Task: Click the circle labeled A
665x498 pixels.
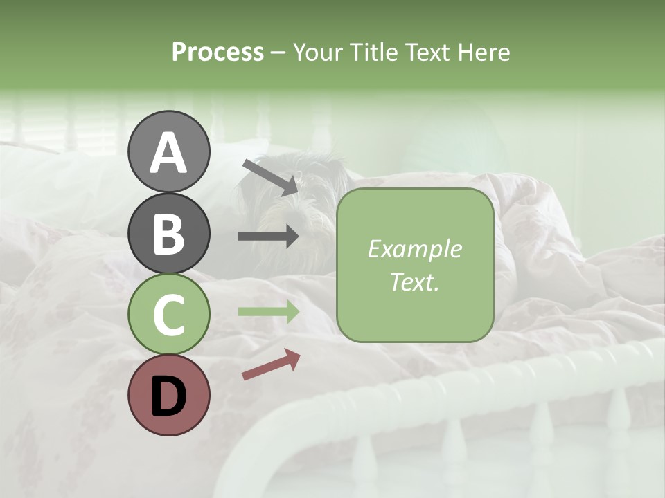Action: [168, 151]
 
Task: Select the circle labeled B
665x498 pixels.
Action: [168, 233]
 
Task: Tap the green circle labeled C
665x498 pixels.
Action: [168, 314]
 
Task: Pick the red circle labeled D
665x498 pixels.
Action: [168, 395]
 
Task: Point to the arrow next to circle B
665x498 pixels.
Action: [268, 237]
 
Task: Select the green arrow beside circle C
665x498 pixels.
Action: [268, 312]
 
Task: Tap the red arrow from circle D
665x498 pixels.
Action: [271, 365]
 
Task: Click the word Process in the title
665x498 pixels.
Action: [218, 52]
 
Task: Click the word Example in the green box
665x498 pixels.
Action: [414, 250]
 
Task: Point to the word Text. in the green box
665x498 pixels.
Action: [414, 282]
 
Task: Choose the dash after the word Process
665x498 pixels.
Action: [278, 53]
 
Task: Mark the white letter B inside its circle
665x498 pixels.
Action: [168, 233]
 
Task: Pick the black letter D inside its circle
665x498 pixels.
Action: [168, 395]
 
